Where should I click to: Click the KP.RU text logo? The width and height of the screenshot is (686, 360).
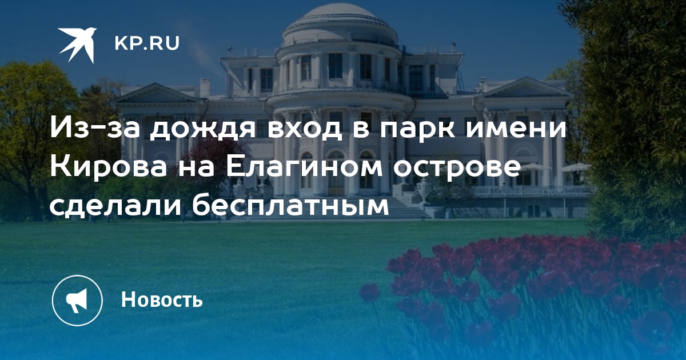147,43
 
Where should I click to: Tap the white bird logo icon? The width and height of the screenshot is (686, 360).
78,45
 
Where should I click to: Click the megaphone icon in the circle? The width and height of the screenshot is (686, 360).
77,301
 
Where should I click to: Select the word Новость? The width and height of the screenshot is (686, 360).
162,299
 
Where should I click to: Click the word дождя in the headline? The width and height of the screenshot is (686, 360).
202,128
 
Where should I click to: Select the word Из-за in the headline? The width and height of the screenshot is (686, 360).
94,128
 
